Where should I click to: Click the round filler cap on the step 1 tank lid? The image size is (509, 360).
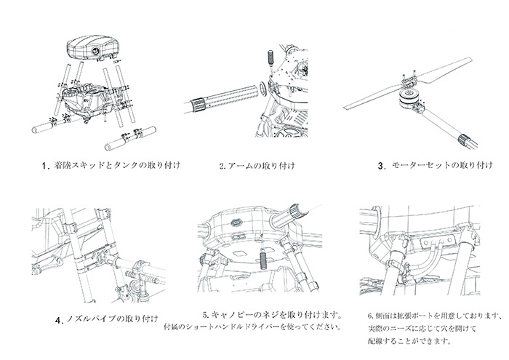[x=97, y=53]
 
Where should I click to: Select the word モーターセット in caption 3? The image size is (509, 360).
[x=415, y=165]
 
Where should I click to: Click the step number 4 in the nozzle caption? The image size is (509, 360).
[x=57, y=319]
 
